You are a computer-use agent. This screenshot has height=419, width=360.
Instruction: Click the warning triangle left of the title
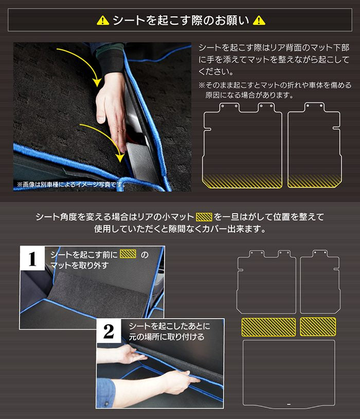coord(103,20)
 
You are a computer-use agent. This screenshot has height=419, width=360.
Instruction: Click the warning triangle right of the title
coord(259,20)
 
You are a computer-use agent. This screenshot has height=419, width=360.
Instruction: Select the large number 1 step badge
coord(32,258)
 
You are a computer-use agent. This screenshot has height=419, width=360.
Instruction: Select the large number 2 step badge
coord(109,331)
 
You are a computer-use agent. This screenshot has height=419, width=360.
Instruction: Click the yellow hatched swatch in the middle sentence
coord(204,217)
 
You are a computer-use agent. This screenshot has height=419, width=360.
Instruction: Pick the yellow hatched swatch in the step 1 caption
coord(128,254)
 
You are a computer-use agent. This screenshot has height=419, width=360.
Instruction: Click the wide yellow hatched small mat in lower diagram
coord(268,327)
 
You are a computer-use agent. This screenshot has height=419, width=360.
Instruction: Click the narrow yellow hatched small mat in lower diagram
coord(318,326)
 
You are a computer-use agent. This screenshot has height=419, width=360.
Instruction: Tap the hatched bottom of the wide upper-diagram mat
coord(242,181)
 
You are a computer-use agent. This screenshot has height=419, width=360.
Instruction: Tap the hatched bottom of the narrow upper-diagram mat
coord(315,181)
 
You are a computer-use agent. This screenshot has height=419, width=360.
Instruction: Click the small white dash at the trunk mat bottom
coord(289,404)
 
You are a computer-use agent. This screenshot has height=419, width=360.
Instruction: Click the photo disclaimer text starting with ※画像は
coord(71,184)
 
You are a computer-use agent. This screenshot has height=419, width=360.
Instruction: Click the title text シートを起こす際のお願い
coord(181,20)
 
